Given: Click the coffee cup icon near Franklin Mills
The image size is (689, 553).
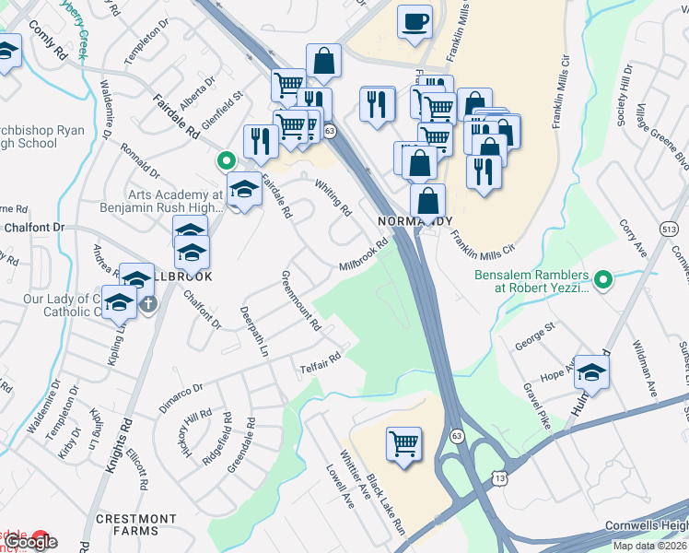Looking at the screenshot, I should [x=415, y=20].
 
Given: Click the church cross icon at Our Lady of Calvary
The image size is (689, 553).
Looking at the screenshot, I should [x=147, y=301].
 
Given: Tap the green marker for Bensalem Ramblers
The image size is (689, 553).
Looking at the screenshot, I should [x=603, y=277].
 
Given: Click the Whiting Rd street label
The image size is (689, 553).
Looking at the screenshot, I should [x=333, y=197].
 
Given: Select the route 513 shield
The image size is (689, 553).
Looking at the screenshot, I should [x=670, y=228].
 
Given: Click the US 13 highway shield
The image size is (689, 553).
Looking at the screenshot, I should [x=499, y=478].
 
